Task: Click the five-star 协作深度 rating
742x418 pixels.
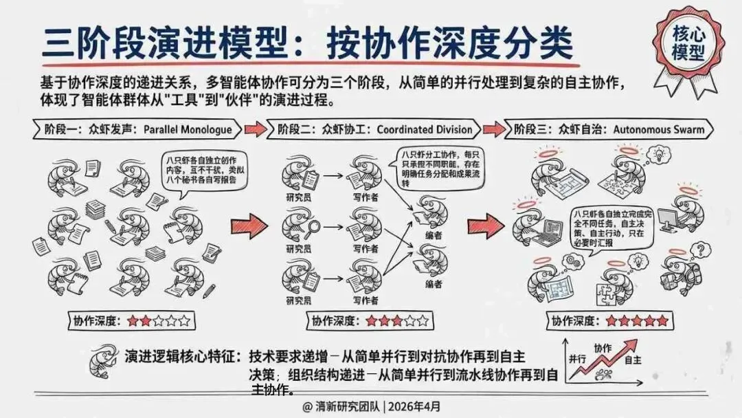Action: click(636, 321)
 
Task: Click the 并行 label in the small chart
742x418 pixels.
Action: click(577, 359)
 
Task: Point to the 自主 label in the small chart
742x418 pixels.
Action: click(633, 360)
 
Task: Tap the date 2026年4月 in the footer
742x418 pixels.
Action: click(415, 406)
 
